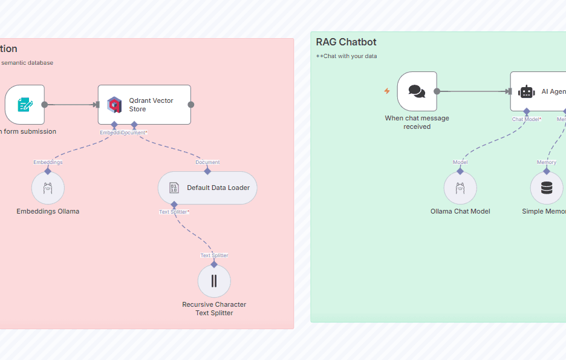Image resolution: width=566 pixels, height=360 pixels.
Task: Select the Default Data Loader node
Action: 207,188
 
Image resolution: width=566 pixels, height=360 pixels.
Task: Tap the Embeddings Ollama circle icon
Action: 48,188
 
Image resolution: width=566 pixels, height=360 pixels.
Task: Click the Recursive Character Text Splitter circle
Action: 214,281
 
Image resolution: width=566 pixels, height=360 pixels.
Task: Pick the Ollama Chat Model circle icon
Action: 460,188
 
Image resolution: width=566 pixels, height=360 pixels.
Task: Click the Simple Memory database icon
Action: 547,188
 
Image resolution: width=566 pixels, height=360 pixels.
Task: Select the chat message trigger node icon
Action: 417,91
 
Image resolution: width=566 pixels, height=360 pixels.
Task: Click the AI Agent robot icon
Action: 527,91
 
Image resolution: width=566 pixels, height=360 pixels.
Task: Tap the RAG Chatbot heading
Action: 346,42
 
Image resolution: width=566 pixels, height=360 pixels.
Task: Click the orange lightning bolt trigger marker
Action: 387,91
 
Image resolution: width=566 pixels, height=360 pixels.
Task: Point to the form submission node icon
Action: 25,105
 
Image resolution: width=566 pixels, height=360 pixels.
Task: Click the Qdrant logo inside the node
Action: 114,105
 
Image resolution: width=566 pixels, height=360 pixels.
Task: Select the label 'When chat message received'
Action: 417,122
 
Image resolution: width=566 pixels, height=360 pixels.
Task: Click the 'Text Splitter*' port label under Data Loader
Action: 174,212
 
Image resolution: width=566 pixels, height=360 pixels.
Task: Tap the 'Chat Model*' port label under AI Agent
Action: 527,119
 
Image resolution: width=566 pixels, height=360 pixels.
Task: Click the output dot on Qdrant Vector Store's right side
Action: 191,105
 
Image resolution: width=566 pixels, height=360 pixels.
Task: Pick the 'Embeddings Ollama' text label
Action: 48,211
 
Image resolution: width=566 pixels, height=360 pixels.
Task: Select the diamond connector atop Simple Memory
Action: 547,171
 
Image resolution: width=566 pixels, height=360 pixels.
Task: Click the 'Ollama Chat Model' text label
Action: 460,211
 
